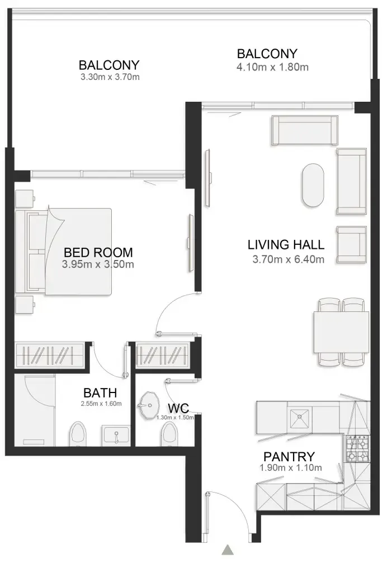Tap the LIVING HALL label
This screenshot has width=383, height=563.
[286, 245]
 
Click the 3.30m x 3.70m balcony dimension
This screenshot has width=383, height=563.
[110, 77]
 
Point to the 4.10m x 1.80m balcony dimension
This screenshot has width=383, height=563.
[273, 67]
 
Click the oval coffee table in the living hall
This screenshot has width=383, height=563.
[313, 184]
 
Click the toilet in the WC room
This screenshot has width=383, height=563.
[168, 434]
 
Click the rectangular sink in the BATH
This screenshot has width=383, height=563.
[116, 434]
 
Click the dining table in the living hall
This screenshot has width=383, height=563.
[341, 332]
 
